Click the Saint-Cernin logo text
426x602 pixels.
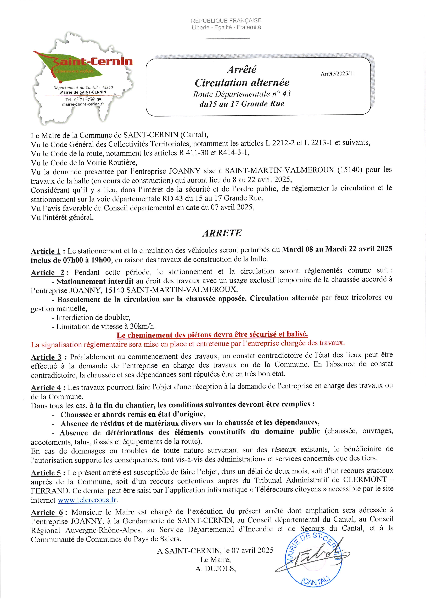(x=93, y=62)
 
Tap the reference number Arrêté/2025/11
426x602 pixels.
(x=338, y=74)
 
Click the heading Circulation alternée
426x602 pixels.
(x=242, y=83)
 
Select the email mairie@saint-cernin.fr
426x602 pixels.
(x=83, y=104)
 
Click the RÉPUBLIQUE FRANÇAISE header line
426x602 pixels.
(x=226, y=20)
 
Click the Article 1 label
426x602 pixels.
(x=46, y=251)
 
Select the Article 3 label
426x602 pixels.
(x=46, y=357)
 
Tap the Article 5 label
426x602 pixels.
(x=46, y=473)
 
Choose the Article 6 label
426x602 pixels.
(x=47, y=512)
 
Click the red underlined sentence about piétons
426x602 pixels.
(x=212, y=335)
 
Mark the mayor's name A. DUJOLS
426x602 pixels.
(x=215, y=568)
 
